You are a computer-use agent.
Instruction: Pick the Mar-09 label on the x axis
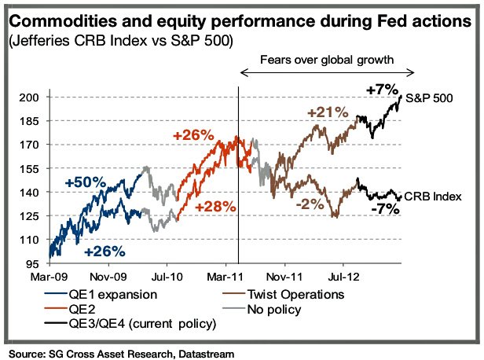pyautogui.click(x=48, y=277)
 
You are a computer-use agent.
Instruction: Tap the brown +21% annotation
pyautogui.click(x=328, y=113)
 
